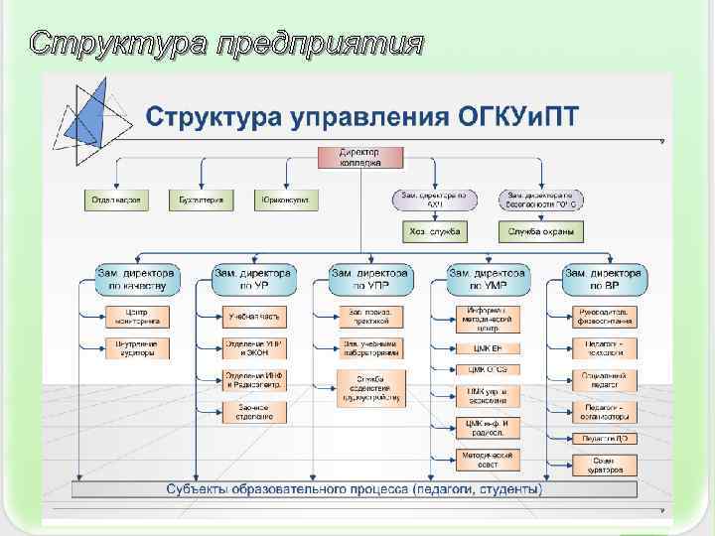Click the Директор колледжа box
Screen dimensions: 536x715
point(361,158)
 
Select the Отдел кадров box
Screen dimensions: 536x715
point(113,201)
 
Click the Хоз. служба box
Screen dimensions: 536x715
point(433,232)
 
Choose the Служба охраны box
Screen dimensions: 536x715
point(540,232)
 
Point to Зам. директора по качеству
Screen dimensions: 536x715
point(137,279)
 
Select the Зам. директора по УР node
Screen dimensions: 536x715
point(252,279)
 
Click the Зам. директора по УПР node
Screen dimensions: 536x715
point(370,279)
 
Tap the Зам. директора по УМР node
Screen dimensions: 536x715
point(487,279)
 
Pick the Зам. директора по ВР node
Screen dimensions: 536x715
point(604,279)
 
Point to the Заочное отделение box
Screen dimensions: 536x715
point(254,411)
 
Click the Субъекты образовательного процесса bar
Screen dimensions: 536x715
point(354,489)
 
